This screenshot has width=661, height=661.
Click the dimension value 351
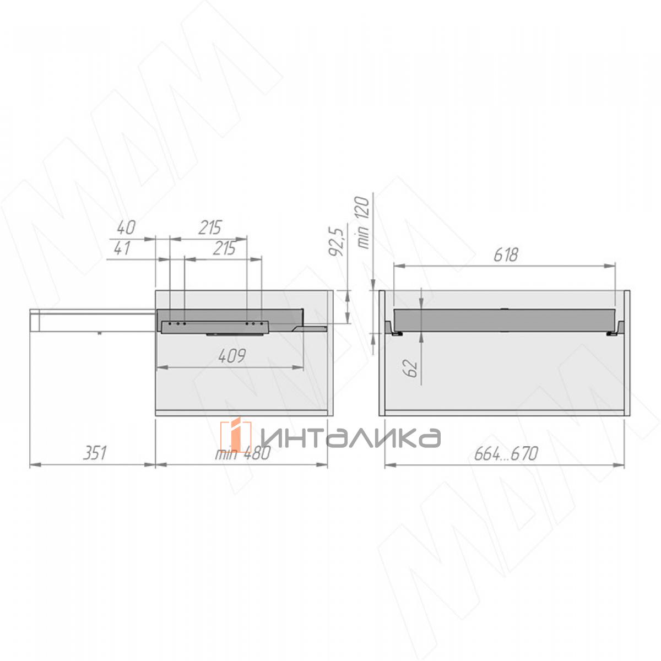(x=95, y=453)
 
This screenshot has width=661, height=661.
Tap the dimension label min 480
(x=243, y=453)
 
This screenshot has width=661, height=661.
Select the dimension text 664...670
(x=506, y=454)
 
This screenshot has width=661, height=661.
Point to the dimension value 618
(x=506, y=255)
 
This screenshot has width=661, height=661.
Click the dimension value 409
(x=232, y=356)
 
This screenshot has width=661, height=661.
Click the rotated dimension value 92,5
(x=336, y=241)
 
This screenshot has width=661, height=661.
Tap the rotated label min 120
(x=362, y=223)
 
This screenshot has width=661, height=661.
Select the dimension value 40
(x=126, y=227)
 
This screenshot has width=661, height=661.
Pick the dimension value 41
(x=122, y=248)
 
